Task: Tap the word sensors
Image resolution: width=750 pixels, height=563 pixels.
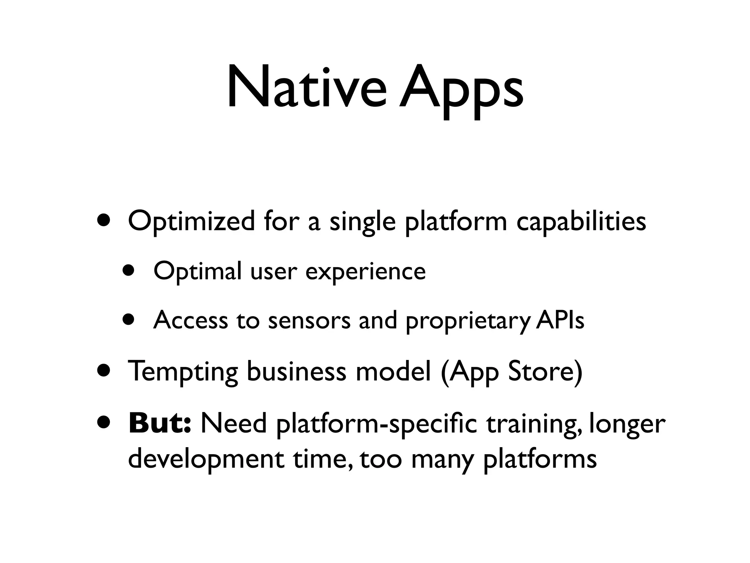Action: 309,320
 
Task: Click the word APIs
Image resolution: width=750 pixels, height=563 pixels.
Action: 560,320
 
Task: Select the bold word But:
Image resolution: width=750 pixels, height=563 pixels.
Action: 160,423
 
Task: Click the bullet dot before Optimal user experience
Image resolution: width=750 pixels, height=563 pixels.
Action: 129,272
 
